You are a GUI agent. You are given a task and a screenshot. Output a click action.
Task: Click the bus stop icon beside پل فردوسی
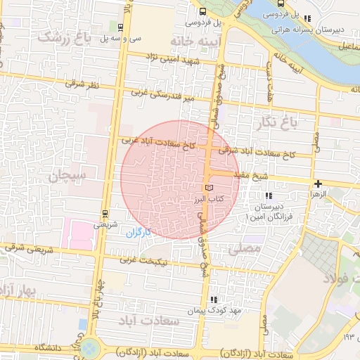pos(202,11)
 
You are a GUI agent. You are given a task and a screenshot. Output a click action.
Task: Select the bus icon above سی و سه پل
pos(121,27)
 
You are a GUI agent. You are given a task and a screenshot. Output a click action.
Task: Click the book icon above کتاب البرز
pos(208,188)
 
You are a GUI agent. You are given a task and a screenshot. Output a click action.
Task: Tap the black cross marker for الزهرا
pos(318,184)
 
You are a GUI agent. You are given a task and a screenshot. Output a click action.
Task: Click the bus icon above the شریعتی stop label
pos(105,213)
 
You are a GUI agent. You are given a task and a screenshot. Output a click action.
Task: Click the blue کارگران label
pos(139,233)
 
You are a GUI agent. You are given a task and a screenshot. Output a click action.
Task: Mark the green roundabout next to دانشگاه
pos(89,347)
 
